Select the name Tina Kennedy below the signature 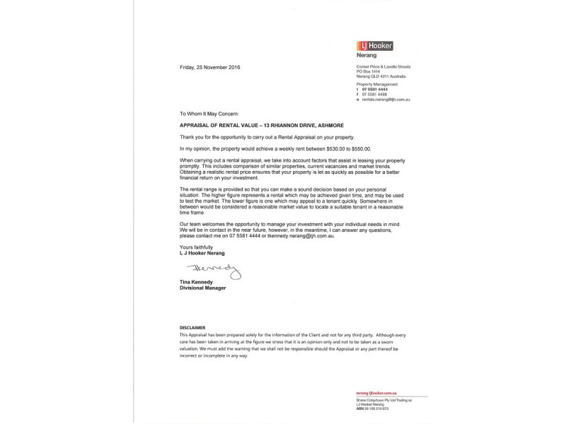(x=195, y=283)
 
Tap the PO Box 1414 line (x=368, y=71)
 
